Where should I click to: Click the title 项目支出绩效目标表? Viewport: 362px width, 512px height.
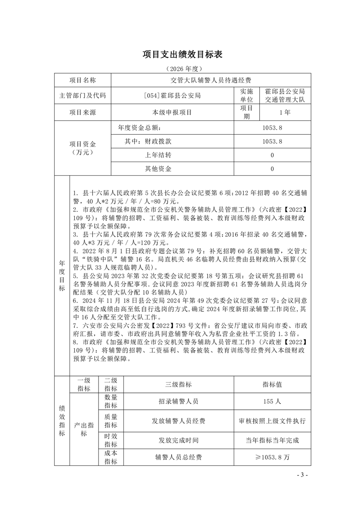181,54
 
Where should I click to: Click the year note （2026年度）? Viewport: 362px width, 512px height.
181,68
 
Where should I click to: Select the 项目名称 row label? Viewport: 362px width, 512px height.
83,80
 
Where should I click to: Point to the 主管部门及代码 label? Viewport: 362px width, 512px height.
83,96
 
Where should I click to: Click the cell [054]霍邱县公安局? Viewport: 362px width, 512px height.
172,96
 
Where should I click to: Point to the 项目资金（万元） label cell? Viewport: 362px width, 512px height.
83,148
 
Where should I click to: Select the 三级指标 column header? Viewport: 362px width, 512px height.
178,384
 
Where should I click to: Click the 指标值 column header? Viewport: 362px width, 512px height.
272,384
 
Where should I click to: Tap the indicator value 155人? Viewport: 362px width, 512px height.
272,402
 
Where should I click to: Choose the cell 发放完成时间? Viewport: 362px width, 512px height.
178,440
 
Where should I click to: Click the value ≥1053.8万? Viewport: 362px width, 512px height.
272,457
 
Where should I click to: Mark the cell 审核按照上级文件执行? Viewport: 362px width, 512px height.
272,421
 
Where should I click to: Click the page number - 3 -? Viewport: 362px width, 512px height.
302,475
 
